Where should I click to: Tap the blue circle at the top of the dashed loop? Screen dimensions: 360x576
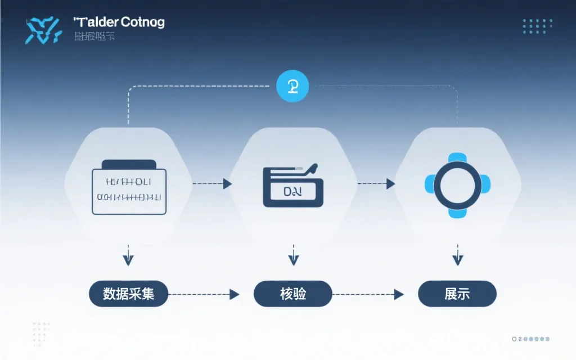click(293, 86)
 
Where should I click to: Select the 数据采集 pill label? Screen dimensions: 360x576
click(129, 294)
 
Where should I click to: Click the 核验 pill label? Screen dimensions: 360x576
click(293, 294)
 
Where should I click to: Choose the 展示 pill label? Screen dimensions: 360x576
click(457, 294)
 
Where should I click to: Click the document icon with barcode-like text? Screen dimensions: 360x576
click(129, 187)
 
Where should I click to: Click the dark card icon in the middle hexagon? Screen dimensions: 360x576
click(293, 187)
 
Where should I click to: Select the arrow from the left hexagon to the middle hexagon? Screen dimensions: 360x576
click(212, 183)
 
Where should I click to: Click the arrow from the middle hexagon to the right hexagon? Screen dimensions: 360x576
click(376, 183)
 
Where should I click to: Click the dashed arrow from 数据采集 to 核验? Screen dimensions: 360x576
click(204, 294)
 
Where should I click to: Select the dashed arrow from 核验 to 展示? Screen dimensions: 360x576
click(368, 294)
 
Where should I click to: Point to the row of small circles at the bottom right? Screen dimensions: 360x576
click(530, 339)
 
